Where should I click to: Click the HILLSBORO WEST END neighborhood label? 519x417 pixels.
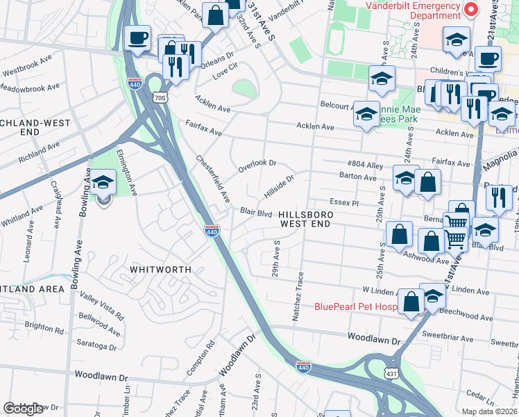tap(306, 220)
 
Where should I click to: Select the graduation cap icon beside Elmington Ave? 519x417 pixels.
tap(103, 182)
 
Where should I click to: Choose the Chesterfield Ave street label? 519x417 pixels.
tap(213, 179)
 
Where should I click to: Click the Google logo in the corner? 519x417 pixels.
tap(24, 409)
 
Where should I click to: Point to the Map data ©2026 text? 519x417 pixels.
tap(490, 411)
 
